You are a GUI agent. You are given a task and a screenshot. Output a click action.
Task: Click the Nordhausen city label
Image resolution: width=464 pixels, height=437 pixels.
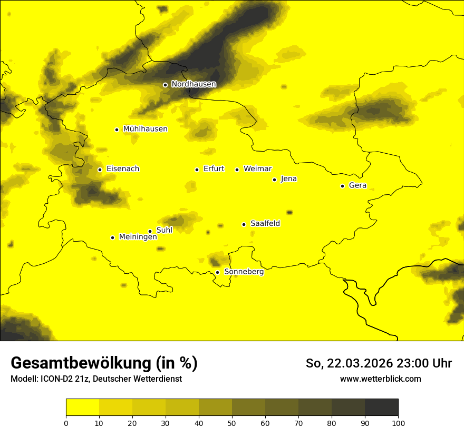(194, 84)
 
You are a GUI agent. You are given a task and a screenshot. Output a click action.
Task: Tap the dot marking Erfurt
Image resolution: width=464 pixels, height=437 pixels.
(197, 170)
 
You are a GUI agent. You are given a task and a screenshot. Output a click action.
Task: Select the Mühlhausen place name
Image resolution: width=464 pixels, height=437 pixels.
(145, 129)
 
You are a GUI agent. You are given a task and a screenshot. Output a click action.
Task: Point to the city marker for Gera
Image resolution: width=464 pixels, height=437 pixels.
(342, 186)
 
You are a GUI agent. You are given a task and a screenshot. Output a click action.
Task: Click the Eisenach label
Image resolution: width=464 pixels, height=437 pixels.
(123, 169)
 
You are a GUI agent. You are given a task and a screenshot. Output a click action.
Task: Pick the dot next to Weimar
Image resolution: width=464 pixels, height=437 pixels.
(237, 170)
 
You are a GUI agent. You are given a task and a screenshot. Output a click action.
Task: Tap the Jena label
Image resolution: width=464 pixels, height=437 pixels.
(289, 179)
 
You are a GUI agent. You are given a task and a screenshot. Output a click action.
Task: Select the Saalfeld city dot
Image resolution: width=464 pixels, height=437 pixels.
(244, 224)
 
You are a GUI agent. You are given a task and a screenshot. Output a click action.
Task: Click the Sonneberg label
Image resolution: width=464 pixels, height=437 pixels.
(244, 272)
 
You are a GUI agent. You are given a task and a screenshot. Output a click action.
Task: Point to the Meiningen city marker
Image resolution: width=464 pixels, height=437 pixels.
(112, 237)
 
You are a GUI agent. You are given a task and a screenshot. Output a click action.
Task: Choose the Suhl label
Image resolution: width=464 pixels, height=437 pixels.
(165, 230)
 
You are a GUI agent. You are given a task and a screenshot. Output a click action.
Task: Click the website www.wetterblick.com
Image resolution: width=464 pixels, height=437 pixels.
(381, 379)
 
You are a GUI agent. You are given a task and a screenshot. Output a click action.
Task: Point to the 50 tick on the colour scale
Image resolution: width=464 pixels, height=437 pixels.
(232, 423)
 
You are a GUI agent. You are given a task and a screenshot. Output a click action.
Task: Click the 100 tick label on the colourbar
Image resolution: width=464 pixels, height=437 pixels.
(398, 423)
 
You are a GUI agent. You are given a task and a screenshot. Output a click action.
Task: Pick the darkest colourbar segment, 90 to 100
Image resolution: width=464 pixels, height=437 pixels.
(381, 407)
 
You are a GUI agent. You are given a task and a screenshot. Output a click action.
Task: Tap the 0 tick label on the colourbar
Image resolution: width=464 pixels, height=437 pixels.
(66, 423)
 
